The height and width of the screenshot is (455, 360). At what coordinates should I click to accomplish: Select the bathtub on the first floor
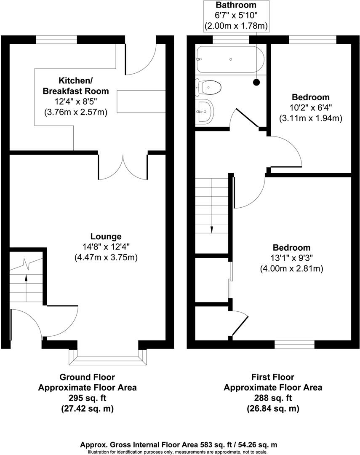(230, 59)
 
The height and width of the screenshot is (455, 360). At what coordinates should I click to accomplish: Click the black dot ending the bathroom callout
(256, 83)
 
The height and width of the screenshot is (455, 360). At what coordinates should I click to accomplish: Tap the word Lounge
(106, 236)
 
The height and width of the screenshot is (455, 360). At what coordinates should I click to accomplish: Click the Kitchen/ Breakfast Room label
(76, 86)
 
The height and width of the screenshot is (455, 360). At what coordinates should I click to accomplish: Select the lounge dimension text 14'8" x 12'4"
(106, 247)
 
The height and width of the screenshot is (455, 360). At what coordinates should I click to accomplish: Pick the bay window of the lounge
(108, 357)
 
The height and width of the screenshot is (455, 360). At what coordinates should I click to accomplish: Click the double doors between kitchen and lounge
(123, 167)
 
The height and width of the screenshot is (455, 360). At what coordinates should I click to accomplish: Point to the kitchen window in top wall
(56, 40)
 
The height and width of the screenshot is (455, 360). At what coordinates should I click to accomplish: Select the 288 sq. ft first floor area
(273, 398)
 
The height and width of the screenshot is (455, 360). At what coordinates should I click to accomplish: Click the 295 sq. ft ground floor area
(87, 398)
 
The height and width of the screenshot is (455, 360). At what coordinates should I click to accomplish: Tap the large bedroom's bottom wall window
(294, 345)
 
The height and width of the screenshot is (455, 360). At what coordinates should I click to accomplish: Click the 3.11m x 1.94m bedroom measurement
(311, 118)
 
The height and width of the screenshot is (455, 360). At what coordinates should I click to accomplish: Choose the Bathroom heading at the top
(236, 5)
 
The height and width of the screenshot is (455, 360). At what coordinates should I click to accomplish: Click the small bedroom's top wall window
(313, 40)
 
